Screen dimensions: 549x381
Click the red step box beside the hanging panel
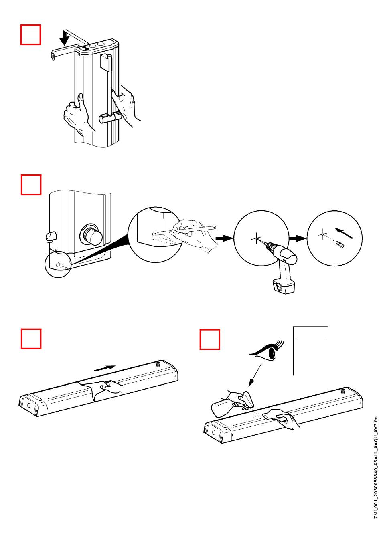[x=31, y=35]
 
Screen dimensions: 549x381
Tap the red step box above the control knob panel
[x=31, y=184]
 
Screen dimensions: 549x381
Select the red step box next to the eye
[x=210, y=339]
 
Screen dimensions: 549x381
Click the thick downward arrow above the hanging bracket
[x=64, y=38]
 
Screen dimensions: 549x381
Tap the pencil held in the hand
[x=188, y=229]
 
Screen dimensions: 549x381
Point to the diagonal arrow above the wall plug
[x=344, y=233]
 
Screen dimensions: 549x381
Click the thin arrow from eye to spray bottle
[x=255, y=375]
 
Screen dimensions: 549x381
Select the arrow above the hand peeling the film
[x=105, y=368]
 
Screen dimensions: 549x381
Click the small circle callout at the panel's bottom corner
[x=59, y=264]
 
